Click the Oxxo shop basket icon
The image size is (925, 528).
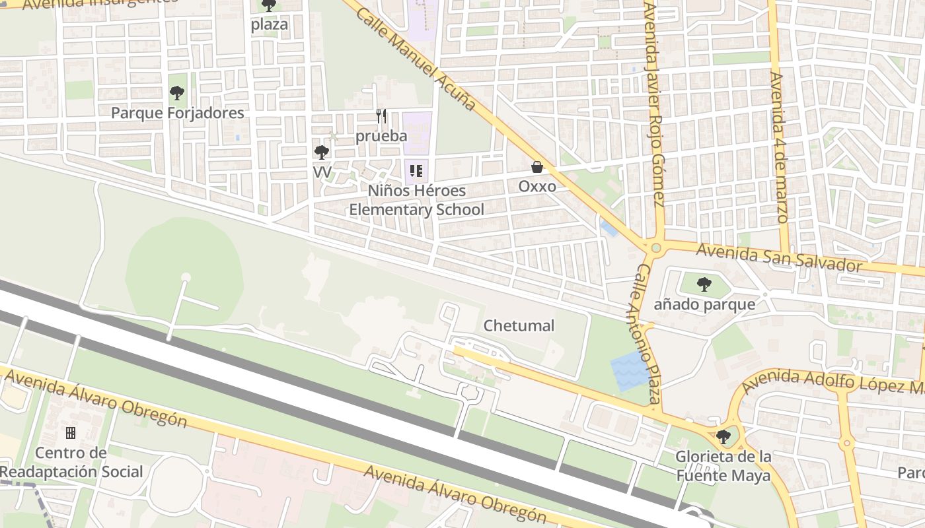tap(537, 168)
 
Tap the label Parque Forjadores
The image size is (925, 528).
tap(177, 113)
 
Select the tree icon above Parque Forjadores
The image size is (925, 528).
tap(176, 93)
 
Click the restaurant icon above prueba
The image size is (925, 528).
tap(381, 116)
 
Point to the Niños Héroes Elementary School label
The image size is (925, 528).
tap(416, 201)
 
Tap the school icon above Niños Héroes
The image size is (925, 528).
tap(416, 172)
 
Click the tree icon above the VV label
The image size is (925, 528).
tap(322, 152)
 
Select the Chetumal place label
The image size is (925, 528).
tap(519, 325)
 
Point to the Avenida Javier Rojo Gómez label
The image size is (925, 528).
tap(653, 106)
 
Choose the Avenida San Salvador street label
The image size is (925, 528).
tap(779, 257)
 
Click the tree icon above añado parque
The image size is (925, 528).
tap(704, 285)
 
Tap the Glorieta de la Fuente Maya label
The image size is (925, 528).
tap(723, 466)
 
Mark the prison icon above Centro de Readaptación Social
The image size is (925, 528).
tap(71, 433)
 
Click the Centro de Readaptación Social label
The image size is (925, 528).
tap(71, 462)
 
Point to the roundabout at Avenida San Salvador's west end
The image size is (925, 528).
tap(655, 248)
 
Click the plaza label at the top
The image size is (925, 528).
tap(269, 24)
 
